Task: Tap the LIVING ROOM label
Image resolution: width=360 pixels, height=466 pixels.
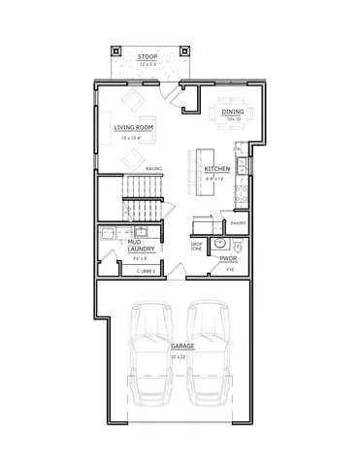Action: click(x=135, y=127)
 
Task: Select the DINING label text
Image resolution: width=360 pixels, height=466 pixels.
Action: click(x=233, y=112)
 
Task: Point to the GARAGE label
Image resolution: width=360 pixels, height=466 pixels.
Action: click(x=182, y=346)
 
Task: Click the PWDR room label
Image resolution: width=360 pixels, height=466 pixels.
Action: click(x=229, y=259)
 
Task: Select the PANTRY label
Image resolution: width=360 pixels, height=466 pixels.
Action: click(x=238, y=223)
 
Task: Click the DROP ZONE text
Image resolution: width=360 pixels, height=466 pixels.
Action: click(x=196, y=247)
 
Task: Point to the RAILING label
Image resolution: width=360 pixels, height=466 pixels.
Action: click(x=152, y=169)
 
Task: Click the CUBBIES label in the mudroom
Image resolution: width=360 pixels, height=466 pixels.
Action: click(x=146, y=272)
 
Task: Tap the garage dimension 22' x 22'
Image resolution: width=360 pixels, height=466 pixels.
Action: click(x=182, y=357)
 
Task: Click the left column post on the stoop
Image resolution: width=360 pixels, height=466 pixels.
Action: click(x=116, y=52)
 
